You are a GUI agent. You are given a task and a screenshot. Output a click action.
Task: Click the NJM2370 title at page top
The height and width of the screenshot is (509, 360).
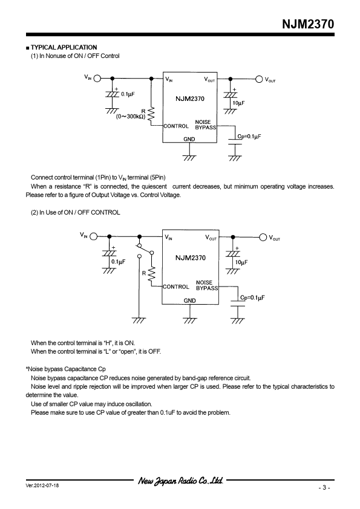308,24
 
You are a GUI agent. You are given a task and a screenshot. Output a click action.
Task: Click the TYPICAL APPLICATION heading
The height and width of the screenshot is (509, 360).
64,47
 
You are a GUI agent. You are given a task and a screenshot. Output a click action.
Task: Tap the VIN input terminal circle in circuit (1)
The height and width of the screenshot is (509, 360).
97,78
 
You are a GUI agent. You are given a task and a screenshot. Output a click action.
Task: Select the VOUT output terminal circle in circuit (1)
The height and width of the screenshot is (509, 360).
259,79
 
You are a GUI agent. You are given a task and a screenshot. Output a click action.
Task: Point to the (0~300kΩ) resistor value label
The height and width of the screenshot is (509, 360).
131,116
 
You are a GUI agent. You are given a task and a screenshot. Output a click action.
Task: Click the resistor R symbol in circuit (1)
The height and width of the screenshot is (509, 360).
151,115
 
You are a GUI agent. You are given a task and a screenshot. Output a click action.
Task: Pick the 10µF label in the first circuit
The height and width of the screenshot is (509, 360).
238,103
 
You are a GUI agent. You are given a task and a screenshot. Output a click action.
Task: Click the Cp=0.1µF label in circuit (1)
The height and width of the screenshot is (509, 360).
249,137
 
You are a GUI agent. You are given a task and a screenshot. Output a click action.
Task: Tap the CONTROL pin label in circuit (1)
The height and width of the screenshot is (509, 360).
176,126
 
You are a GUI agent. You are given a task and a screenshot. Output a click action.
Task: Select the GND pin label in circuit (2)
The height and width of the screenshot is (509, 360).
190,300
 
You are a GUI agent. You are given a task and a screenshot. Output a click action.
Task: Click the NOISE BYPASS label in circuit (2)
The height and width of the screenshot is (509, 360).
207,285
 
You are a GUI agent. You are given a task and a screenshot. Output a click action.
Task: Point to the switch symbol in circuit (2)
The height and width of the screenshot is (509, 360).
145,250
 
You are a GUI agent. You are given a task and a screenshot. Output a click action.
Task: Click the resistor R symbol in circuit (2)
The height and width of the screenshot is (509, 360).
152,275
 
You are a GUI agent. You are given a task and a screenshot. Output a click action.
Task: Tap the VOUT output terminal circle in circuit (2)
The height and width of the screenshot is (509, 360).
263,238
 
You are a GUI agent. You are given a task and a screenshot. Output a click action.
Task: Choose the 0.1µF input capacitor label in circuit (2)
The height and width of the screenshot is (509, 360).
118,262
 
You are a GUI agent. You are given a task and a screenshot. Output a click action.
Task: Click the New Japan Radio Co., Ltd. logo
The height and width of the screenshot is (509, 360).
181,481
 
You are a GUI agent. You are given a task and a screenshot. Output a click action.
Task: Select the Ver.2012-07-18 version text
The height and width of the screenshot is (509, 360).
42,485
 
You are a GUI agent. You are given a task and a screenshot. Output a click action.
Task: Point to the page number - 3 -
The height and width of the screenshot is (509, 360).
324,488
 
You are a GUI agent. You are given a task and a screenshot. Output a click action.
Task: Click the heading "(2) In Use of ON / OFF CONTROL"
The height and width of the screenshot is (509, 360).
76,212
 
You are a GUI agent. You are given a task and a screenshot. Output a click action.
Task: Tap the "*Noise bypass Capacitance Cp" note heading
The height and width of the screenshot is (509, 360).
65,369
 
